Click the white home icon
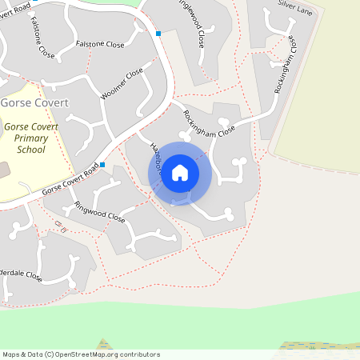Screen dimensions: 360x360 click(180, 172)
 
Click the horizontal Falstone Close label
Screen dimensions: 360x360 click(100, 45)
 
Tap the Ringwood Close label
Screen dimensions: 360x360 click(100, 211)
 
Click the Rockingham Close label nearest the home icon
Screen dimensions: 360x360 click(209, 123)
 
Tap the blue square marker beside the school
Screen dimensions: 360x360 click(102, 165)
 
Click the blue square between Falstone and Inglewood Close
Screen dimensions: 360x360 click(158, 34)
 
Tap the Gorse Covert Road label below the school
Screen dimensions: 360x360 click(69, 183)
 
